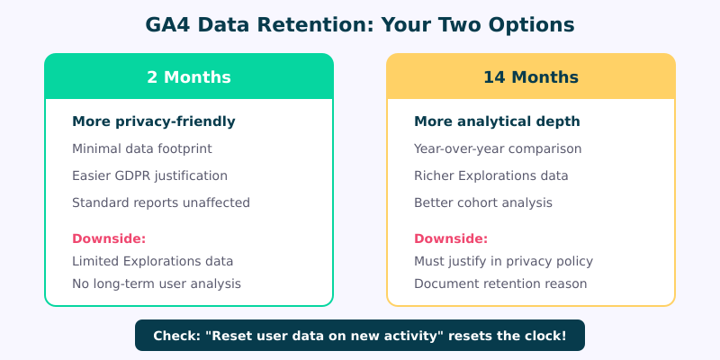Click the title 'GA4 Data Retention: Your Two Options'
coord(360,25)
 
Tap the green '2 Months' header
coord(189,76)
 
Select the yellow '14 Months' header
coord(531,76)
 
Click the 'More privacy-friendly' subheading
coord(153,121)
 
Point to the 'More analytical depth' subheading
coord(497,121)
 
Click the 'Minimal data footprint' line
coord(142,148)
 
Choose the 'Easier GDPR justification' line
coord(149,175)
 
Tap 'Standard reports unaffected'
coord(160,202)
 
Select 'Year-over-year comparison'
coord(498,148)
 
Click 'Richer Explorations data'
coord(490,175)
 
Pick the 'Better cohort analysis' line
coord(482,202)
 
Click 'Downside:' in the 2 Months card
coord(109,238)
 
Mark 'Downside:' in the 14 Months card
coord(451,238)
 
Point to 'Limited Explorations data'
coord(152,261)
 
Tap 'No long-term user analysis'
coord(156,283)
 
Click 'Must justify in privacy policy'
coord(503,261)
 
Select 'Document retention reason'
coord(500,283)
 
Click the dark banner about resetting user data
coord(360,336)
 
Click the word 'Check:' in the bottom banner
coord(176,336)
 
